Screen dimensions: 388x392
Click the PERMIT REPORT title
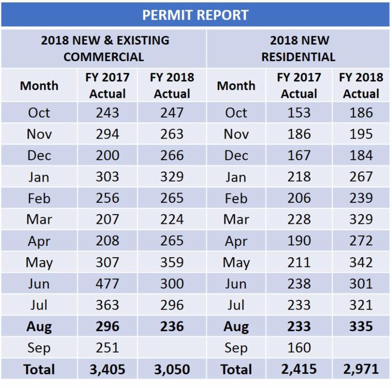point(196,15)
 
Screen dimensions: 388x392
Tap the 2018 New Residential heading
point(298,48)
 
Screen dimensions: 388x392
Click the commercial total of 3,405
point(107,369)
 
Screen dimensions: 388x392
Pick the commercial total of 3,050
point(171,369)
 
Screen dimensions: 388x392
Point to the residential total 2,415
point(299,369)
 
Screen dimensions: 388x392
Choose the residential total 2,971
point(361,369)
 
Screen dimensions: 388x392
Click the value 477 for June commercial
point(107,284)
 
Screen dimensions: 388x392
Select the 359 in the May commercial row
point(171,262)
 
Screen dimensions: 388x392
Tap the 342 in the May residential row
point(361,262)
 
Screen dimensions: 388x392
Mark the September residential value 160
point(299,348)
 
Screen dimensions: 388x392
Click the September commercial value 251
point(107,348)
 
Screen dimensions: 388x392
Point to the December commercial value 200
point(107,155)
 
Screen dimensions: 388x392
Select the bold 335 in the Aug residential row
point(361,326)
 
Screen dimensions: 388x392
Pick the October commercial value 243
point(107,113)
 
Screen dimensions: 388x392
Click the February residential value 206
point(299,198)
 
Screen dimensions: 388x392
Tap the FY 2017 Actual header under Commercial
point(107,85)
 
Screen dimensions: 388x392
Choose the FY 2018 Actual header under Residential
point(361,85)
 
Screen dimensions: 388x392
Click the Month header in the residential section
point(236,86)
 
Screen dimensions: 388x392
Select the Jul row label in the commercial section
point(39,305)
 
